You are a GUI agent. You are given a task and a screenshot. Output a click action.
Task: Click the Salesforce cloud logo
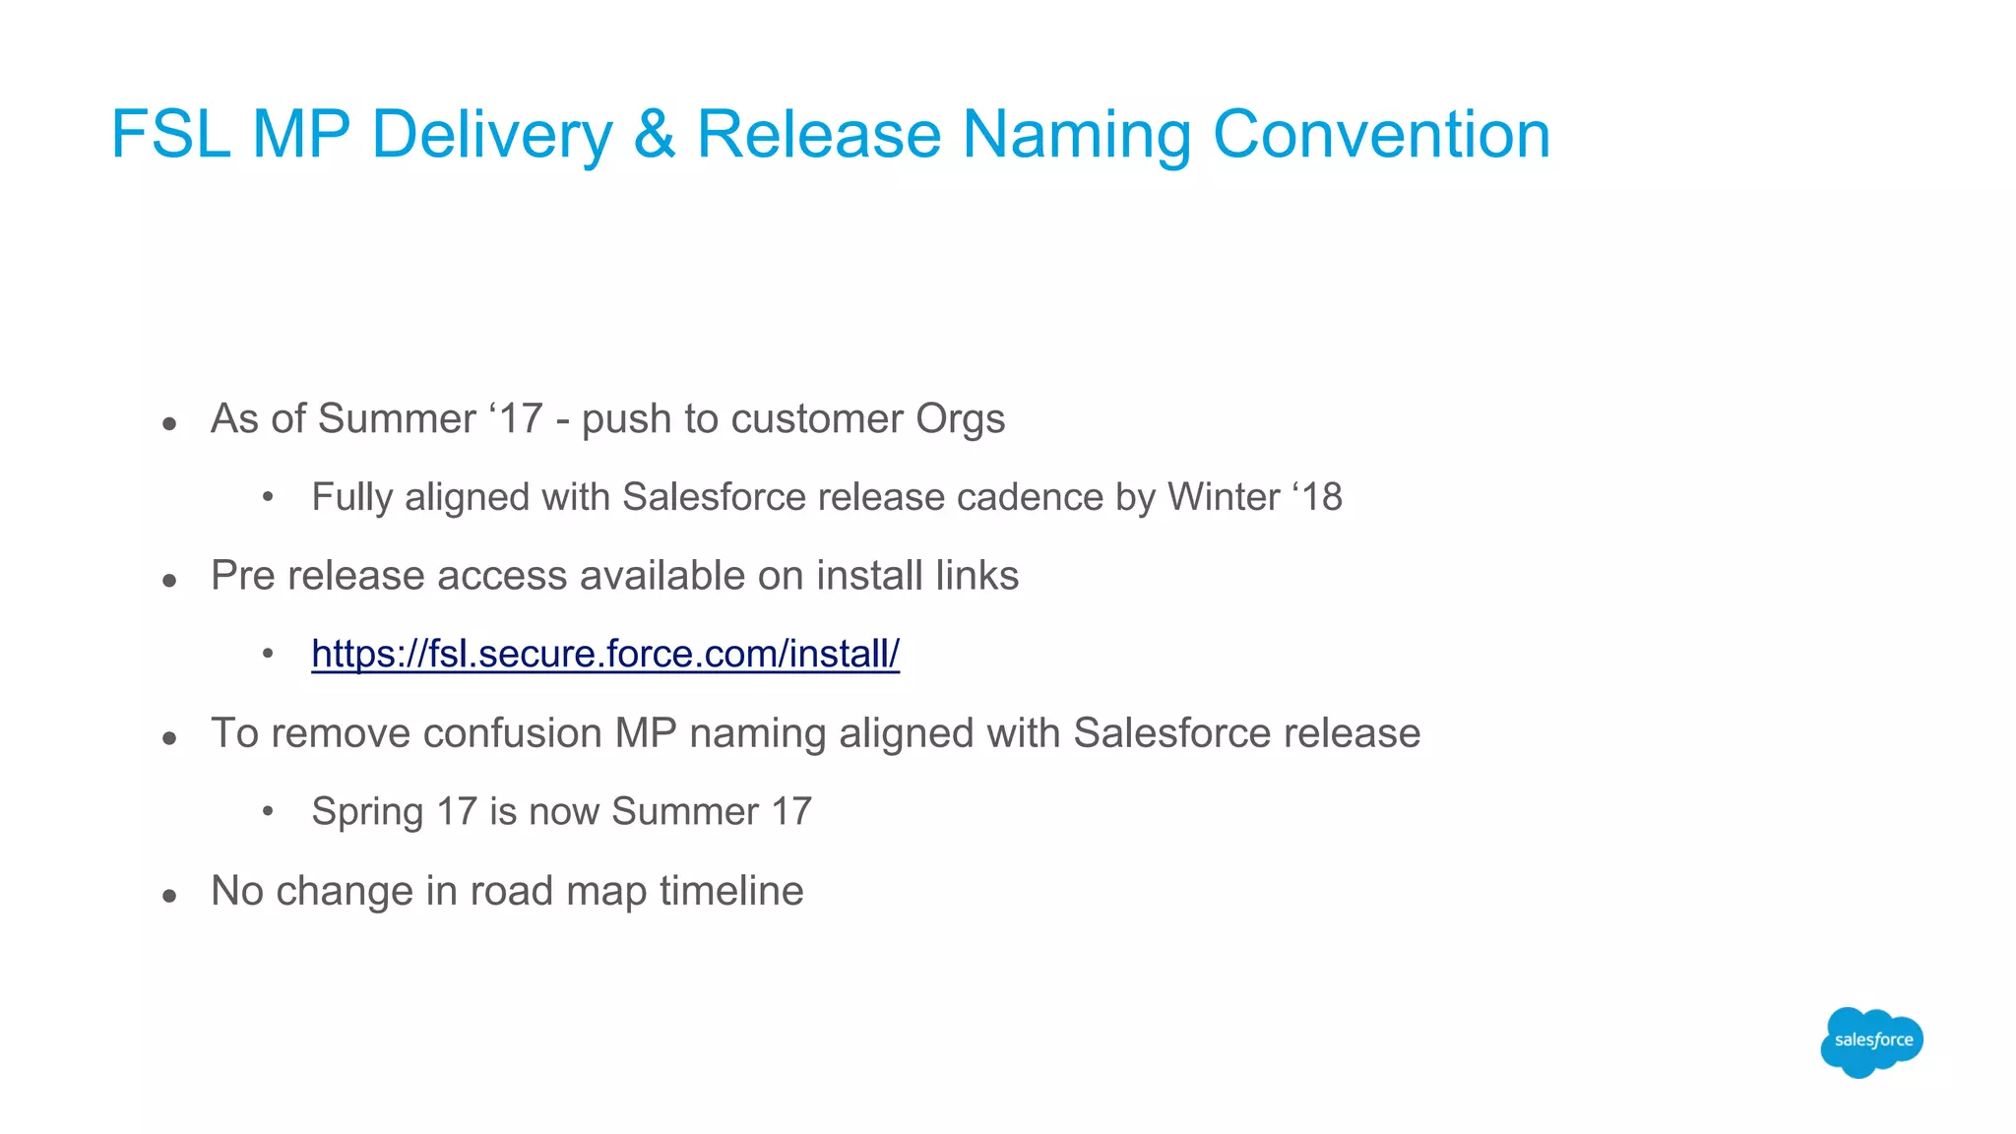pyautogui.click(x=1871, y=1041)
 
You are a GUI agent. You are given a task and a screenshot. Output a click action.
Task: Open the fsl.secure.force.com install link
pyautogui.click(x=605, y=654)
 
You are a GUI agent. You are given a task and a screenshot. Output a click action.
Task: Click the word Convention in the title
pyautogui.click(x=1381, y=134)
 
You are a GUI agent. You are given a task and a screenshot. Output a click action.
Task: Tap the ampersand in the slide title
pyautogui.click(x=655, y=134)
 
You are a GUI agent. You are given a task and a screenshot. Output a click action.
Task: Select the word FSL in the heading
pyautogui.click(x=170, y=134)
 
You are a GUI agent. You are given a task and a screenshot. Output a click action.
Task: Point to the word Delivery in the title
pyautogui.click(x=492, y=134)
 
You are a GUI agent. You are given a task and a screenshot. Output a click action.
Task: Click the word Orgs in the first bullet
pyautogui.click(x=960, y=419)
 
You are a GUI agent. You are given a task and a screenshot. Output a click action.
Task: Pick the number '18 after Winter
pyautogui.click(x=1316, y=497)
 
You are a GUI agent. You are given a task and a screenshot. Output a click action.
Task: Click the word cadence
pyautogui.click(x=1030, y=497)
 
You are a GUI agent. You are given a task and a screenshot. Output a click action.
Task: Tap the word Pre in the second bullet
pyautogui.click(x=242, y=576)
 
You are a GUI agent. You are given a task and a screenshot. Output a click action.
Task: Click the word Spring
pyautogui.click(x=367, y=812)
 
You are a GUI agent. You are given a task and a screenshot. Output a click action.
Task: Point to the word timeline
pyautogui.click(x=731, y=891)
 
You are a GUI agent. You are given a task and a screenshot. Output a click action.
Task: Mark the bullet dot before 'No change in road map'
pyautogui.click(x=170, y=896)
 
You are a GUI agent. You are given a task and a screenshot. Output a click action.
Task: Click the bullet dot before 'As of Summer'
pyautogui.click(x=170, y=424)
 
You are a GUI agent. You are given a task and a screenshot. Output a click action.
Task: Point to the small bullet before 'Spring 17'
pyautogui.click(x=268, y=812)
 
